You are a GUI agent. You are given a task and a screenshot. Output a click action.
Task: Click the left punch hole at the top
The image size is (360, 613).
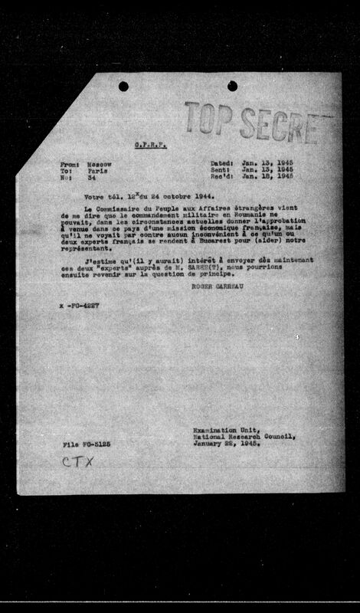(x=123, y=87)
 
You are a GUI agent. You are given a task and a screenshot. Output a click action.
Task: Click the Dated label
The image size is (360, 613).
(x=222, y=164)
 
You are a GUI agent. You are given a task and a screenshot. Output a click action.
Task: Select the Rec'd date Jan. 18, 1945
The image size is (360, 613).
(x=267, y=178)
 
